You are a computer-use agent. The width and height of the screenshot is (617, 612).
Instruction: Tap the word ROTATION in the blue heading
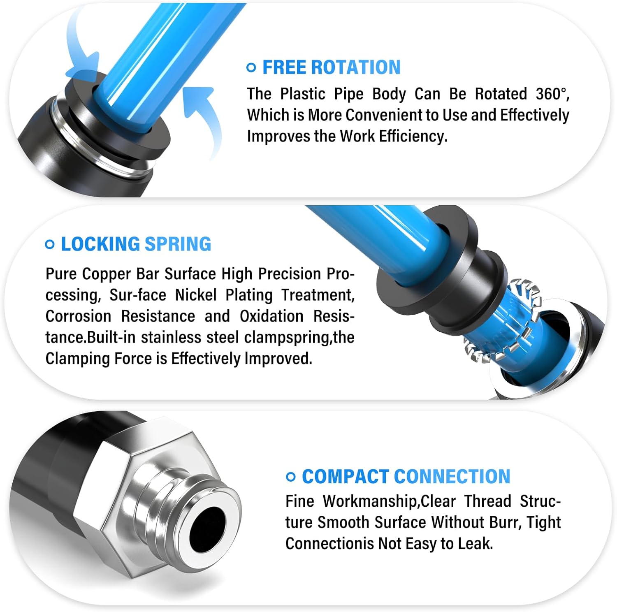[x=356, y=67]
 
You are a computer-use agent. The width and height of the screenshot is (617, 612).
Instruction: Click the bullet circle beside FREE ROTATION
[x=251, y=67]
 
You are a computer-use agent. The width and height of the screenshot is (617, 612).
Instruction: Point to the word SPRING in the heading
[x=178, y=244]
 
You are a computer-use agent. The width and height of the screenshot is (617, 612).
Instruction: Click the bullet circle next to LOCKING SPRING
[x=49, y=244]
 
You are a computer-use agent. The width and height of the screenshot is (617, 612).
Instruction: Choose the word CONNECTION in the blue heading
[x=452, y=477]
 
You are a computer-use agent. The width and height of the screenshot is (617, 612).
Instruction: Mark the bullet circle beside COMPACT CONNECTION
[x=290, y=477]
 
